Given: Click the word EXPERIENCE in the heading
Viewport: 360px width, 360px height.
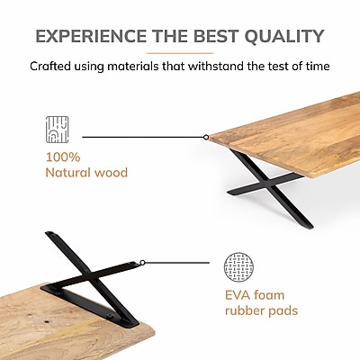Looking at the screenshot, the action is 91,36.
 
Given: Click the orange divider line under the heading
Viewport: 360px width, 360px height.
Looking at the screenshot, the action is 180,53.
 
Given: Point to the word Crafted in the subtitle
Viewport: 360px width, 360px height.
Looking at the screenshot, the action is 50,66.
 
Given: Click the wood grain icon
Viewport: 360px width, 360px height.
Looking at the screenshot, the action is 58,130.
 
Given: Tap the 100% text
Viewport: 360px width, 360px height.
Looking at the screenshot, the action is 63,157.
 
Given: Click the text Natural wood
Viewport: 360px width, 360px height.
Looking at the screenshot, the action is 86,173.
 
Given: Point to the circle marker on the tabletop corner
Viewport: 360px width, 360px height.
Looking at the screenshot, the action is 206,137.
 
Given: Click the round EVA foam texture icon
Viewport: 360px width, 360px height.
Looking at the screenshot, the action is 238,267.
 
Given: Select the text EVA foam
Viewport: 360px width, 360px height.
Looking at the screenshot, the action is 255,295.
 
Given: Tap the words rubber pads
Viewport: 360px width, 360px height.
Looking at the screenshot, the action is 262,310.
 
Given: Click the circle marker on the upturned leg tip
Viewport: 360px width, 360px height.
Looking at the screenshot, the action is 142,263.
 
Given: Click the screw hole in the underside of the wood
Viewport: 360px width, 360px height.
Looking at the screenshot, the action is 47,321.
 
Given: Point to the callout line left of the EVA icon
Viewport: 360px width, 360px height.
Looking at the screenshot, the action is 177,263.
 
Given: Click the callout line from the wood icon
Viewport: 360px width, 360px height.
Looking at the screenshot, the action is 142,137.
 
